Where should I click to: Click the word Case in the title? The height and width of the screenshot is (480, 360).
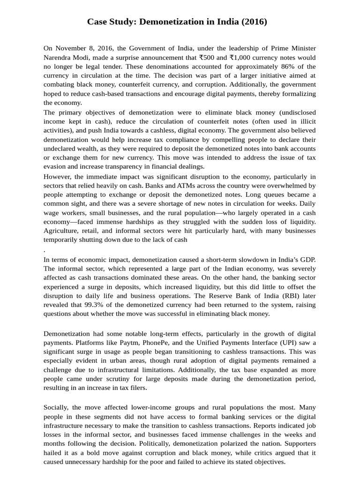[x=97, y=22]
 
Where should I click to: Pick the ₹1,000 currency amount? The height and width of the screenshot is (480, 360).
[x=242, y=57]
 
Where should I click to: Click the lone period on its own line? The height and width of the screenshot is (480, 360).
[x=44, y=249]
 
